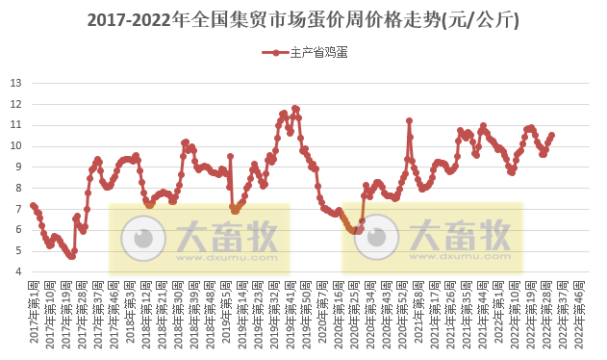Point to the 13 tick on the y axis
point(16,83)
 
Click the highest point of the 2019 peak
point(294,108)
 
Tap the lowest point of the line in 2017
point(72,257)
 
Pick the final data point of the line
point(551,136)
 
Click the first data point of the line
point(33,205)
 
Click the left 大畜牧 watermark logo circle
point(148,234)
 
